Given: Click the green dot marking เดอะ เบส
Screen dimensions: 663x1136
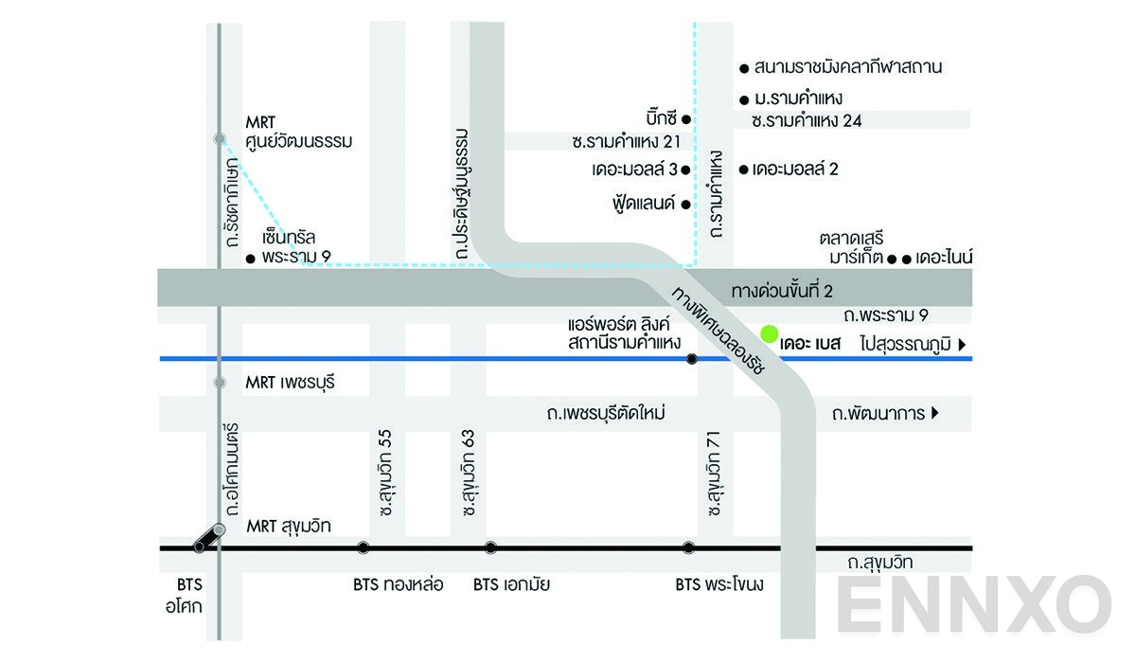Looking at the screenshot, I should point(770,334).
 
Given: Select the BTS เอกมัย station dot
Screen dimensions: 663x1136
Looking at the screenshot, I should point(490,547).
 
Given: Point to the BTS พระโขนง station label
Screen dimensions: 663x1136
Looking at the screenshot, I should point(719,584).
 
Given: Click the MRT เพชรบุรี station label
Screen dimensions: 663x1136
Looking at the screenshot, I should point(291,384).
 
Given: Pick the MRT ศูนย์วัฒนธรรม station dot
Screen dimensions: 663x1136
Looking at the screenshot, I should point(220,139).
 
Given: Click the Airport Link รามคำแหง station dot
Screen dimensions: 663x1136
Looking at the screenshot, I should point(692,359).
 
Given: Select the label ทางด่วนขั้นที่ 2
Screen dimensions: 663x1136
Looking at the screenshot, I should point(782,289).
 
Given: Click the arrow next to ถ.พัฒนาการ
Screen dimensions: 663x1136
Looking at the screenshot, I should point(935,413).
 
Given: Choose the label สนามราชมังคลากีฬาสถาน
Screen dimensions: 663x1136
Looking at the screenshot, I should point(847,67).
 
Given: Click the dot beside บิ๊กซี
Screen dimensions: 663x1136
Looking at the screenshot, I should point(687,118).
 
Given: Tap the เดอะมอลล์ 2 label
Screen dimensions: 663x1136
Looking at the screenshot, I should point(795,170).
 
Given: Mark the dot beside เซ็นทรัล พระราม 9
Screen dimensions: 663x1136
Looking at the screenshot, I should point(250,258).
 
